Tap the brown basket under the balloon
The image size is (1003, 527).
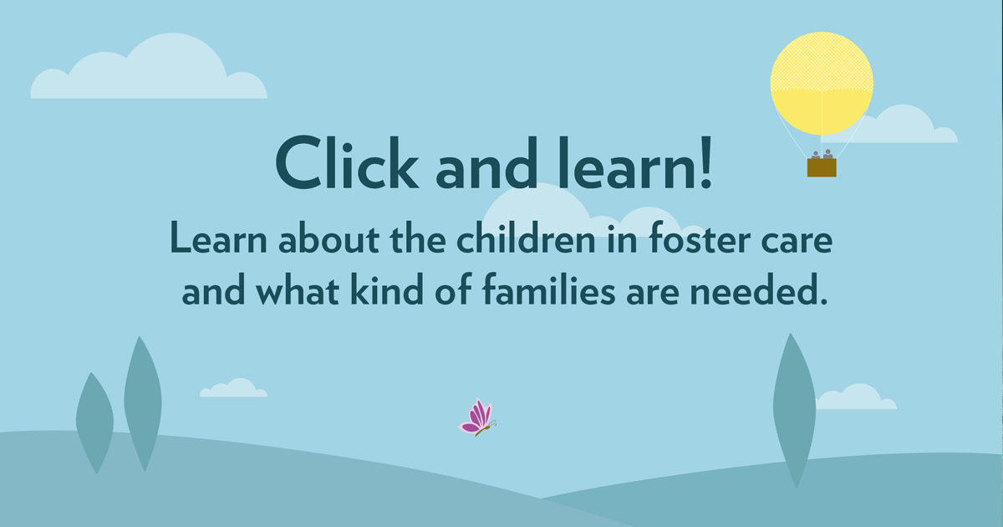(x=822, y=167)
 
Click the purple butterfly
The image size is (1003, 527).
(x=478, y=417)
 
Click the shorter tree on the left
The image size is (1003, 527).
(x=94, y=422)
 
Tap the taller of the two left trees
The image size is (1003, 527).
(x=142, y=402)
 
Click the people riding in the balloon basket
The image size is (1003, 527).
(x=822, y=154)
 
